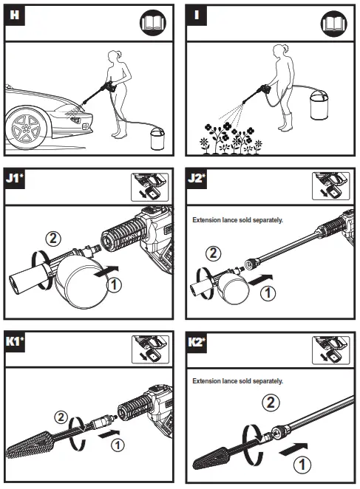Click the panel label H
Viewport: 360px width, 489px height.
14,15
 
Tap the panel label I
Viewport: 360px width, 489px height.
197,15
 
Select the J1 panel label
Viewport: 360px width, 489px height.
15,178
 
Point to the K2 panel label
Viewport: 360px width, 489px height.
197,342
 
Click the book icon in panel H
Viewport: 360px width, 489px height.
153,23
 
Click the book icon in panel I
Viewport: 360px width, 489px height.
334,23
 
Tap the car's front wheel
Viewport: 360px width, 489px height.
26,128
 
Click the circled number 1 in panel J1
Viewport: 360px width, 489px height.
114,284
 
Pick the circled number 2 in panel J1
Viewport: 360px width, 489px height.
53,239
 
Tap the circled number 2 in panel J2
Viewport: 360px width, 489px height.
214,253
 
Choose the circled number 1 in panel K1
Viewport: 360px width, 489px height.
118,445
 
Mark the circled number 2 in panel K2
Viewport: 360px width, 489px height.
271,403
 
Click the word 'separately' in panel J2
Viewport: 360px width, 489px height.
268,220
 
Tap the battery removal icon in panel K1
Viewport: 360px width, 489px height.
150,349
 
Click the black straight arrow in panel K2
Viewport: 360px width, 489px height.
293,449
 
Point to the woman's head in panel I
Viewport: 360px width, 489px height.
279,50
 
